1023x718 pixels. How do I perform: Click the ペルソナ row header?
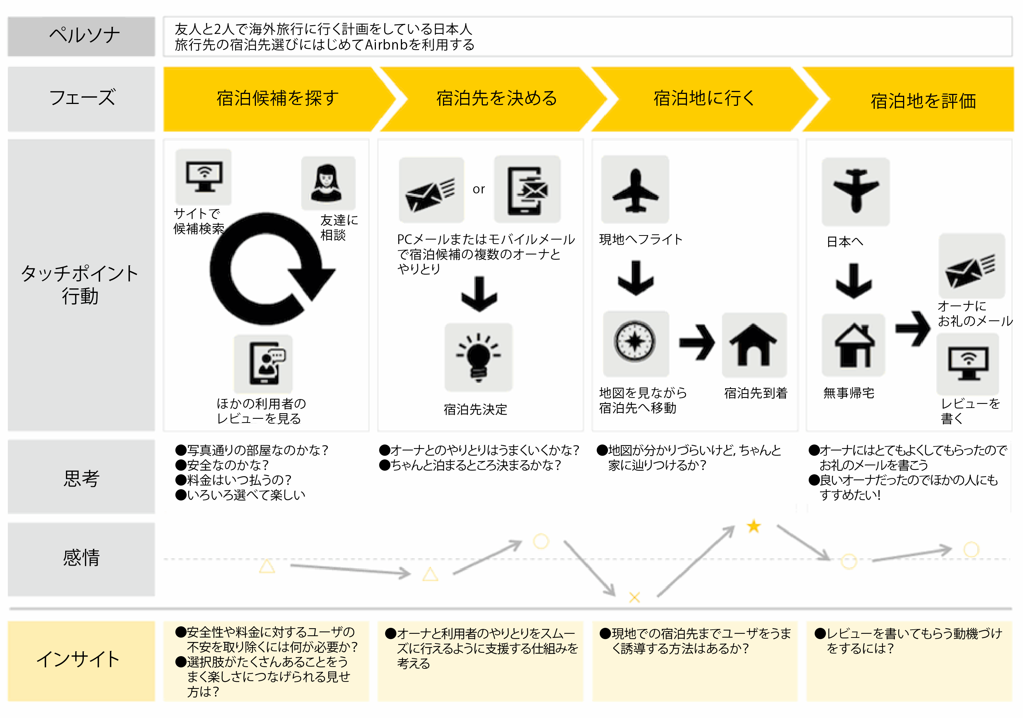click(82, 36)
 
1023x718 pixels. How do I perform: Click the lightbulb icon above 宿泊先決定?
click(478, 357)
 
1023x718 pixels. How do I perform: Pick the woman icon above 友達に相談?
click(328, 183)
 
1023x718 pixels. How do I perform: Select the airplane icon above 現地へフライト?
click(635, 189)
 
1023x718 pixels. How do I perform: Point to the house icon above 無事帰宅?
click(853, 345)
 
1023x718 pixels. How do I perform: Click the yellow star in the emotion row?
click(754, 526)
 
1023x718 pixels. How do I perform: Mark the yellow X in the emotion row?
click(634, 597)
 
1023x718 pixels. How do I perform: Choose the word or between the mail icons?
click(478, 189)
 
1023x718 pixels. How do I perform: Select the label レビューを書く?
click(970, 411)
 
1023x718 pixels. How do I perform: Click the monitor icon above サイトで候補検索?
click(204, 177)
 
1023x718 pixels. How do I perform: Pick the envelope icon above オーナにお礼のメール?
click(972, 266)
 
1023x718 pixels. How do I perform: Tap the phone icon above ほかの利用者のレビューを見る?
click(264, 364)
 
